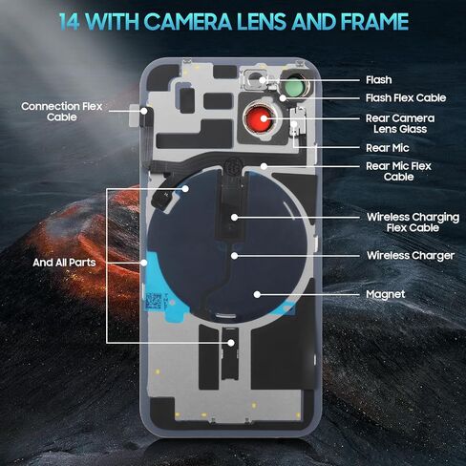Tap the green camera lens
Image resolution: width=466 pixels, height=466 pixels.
click(295, 86)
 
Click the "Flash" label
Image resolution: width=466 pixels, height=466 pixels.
click(378, 80)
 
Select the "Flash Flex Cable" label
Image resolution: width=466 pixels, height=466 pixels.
click(406, 98)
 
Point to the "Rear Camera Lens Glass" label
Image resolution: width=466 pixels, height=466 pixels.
click(400, 123)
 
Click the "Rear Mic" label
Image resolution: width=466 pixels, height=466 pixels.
click(387, 148)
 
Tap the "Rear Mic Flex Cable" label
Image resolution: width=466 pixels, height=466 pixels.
click(398, 171)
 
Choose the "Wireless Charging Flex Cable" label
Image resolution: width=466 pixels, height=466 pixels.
click(413, 222)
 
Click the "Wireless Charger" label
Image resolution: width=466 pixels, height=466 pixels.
click(411, 256)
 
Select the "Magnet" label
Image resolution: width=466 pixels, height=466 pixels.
click(385, 294)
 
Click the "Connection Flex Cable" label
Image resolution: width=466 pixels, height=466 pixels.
click(62, 112)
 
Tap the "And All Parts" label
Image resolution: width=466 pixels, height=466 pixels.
click(64, 263)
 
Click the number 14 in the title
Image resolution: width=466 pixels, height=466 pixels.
click(69, 22)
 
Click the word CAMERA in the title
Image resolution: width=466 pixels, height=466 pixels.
click(188, 22)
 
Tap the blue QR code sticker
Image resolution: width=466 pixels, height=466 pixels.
click(154, 301)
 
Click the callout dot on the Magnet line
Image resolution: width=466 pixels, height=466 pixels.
click(257, 295)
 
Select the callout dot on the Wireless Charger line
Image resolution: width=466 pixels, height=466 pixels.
click(235, 256)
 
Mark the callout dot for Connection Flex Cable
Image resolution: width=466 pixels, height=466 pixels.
click(144, 111)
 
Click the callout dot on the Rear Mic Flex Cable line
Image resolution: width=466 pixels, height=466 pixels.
click(264, 166)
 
